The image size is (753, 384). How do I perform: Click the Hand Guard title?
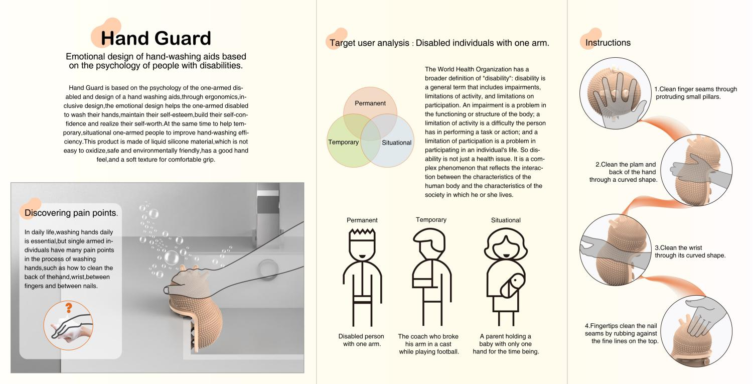click(x=156, y=38)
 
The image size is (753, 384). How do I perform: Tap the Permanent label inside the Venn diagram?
click(x=370, y=103)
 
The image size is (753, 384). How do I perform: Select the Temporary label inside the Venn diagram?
click(x=343, y=142)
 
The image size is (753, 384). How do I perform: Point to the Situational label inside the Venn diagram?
click(x=396, y=143)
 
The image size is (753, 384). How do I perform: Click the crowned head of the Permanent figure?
click(x=362, y=244)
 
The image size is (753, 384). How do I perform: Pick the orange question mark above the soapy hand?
click(x=69, y=308)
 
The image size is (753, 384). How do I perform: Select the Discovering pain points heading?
click(x=71, y=213)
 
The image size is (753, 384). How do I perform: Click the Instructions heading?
click(x=608, y=43)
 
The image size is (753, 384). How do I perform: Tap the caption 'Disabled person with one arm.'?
click(x=361, y=340)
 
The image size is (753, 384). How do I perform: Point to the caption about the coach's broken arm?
click(x=428, y=344)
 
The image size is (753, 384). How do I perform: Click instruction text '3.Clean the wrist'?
click(x=678, y=248)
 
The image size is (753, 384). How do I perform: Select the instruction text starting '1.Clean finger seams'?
click(x=695, y=93)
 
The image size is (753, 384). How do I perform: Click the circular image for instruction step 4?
click(x=696, y=331)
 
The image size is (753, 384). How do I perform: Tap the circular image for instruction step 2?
click(x=696, y=170)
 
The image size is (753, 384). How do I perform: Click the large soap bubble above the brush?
click(x=171, y=258)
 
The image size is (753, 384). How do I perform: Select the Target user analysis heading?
click(x=439, y=43)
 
